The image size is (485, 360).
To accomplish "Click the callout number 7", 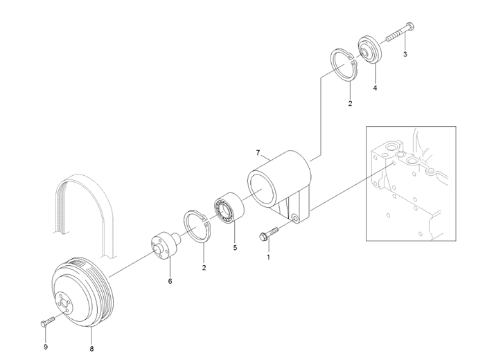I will [258, 152].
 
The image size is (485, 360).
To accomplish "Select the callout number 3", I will [405, 54].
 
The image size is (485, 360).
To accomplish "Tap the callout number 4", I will [375, 88].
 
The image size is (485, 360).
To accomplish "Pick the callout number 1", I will [268, 257].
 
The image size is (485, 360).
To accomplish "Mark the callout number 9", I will [46, 327].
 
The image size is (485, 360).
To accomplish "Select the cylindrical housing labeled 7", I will [277, 180].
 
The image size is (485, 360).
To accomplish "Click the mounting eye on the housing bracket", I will [295, 219].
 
